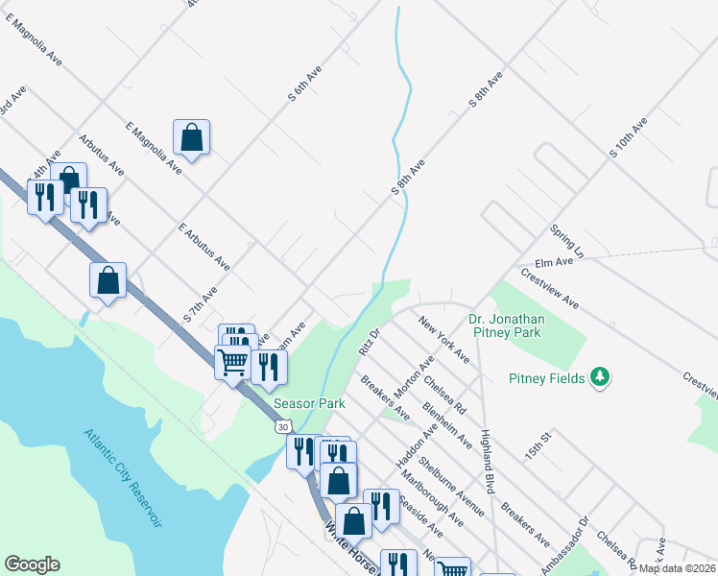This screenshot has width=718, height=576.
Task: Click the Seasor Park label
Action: (308, 404)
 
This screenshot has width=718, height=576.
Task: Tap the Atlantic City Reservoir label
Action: (122, 476)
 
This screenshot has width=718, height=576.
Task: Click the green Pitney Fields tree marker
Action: (600, 378)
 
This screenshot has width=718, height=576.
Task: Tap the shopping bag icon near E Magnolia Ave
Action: (192, 137)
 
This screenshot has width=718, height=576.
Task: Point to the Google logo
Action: (33, 564)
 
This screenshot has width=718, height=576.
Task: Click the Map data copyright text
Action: (678, 568)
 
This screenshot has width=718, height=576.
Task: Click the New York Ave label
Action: (444, 339)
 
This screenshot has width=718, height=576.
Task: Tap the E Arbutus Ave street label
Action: (204, 245)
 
